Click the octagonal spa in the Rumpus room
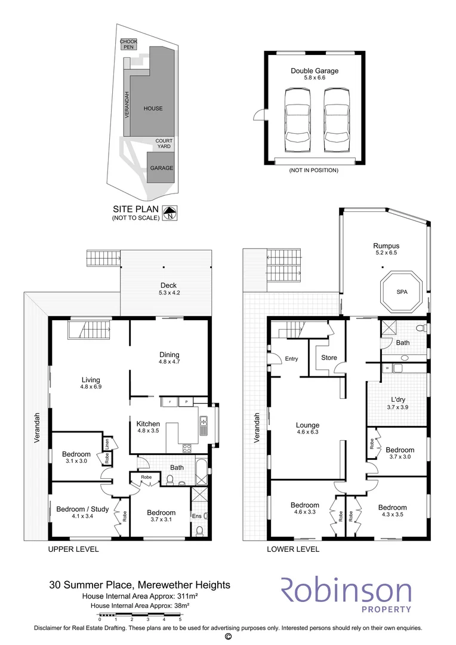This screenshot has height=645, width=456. (x=401, y=292)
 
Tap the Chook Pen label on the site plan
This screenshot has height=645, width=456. (x=128, y=44)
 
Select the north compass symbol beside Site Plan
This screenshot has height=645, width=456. (x=170, y=213)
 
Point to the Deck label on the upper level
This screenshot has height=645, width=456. (x=168, y=285)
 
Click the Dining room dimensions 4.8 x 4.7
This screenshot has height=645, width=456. (x=169, y=361)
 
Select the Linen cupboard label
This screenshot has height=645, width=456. (x=107, y=443)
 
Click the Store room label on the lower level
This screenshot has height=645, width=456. (x=329, y=358)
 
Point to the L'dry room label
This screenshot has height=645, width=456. (x=398, y=400)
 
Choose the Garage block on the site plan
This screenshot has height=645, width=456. (x=161, y=167)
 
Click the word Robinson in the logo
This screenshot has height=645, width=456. (x=346, y=591)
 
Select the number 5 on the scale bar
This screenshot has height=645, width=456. (x=180, y=619)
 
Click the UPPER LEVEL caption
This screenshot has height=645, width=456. (x=73, y=549)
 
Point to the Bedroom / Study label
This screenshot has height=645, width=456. (x=82, y=509)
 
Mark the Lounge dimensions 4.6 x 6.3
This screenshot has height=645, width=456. (x=307, y=432)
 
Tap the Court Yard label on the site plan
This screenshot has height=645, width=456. (x=164, y=143)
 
